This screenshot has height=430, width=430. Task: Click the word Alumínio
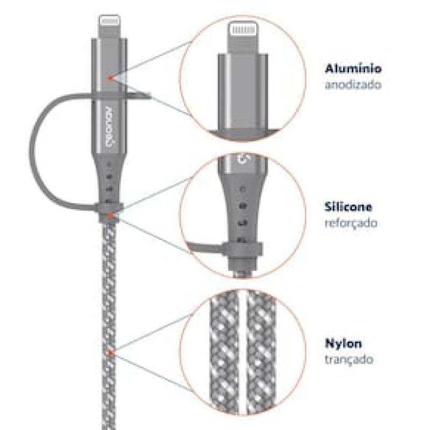tap(353, 68)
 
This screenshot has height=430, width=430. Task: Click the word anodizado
tap(353, 84)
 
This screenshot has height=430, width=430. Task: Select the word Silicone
tap(348, 207)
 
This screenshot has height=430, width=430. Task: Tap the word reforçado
tap(351, 223)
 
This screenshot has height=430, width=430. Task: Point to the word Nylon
tap(343, 343)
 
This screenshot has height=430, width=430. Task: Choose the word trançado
tap(349, 359)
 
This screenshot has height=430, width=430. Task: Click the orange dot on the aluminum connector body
tap(110, 78)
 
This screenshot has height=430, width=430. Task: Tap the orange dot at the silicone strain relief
tap(110, 214)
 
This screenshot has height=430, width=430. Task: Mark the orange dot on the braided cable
tap(110, 353)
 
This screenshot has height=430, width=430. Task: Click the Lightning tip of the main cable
tap(110, 26)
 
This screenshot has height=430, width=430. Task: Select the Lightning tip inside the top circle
tap(243, 37)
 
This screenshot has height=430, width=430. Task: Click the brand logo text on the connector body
tap(110, 126)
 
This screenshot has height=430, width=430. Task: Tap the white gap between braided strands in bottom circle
tap(242, 352)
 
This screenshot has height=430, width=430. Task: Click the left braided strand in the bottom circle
tap(224, 353)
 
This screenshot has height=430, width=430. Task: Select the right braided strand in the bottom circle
tap(261, 353)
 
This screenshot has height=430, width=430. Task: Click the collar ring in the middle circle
tap(242, 249)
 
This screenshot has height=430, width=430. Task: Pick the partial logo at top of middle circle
tap(243, 160)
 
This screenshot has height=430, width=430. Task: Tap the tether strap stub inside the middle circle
tap(204, 248)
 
